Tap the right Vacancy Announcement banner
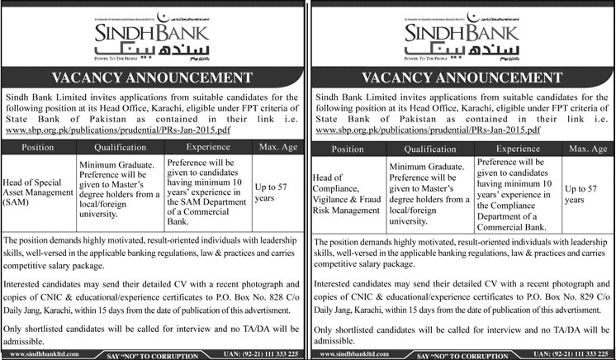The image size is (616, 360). [462, 78]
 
